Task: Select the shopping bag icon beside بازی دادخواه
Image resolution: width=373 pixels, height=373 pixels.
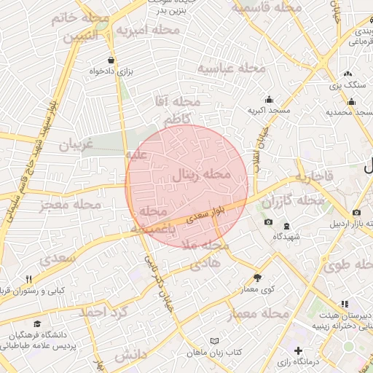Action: pos(110,60)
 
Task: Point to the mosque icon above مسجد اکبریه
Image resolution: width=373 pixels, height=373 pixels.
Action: pos(269,100)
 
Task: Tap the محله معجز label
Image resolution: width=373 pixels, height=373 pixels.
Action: pos(71,205)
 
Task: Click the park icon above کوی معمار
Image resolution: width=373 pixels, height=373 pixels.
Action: pos(257,278)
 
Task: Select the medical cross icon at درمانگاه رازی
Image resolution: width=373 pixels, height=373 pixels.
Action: pos(298,351)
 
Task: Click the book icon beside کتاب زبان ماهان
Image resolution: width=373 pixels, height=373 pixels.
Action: pos(213,341)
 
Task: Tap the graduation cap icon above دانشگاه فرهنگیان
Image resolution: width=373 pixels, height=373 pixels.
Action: pos(36,323)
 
